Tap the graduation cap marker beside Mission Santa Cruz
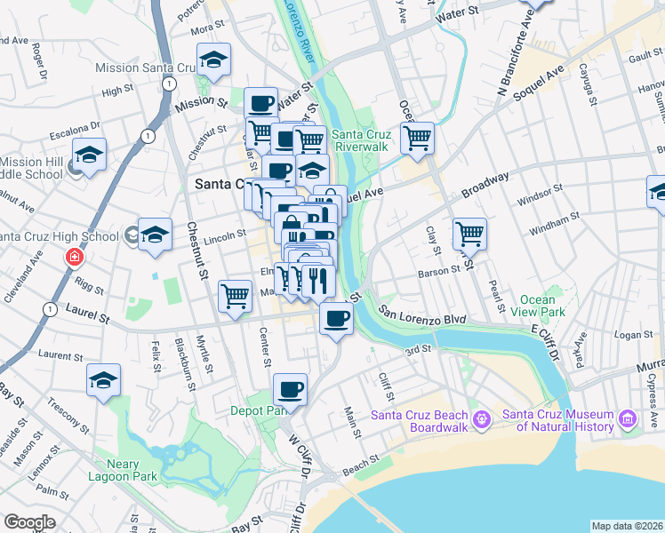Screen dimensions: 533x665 pyautogui.click(x=213, y=60)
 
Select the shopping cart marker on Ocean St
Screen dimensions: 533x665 pyautogui.click(x=417, y=139)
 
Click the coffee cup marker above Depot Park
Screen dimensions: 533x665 pyautogui.click(x=290, y=388)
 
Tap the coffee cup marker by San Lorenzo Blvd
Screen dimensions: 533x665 pyautogui.click(x=335, y=318)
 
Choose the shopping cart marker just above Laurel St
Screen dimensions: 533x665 pyautogui.click(x=236, y=295)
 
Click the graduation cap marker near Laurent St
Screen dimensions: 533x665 pyautogui.click(x=104, y=381)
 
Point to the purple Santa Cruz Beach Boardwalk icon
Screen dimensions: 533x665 pyautogui.click(x=481, y=418)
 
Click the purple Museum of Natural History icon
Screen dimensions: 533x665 pyautogui.click(x=629, y=418)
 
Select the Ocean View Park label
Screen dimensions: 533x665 pyautogui.click(x=542, y=306)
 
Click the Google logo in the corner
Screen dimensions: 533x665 pyautogui.click(x=28, y=522)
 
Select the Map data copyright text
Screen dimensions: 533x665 pyautogui.click(x=627, y=526)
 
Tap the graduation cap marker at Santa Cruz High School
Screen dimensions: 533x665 pyautogui.click(x=155, y=235)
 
